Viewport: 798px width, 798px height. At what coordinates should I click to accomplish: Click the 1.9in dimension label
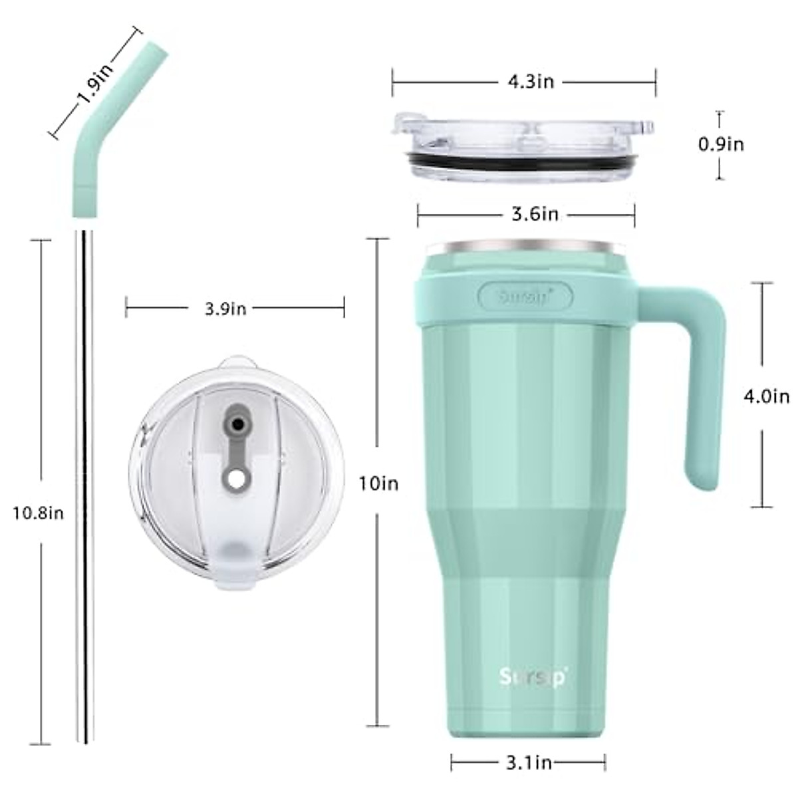[x=94, y=82]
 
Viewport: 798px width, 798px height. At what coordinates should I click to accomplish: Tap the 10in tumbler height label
[x=379, y=483]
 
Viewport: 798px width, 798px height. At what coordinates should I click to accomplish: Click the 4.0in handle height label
[x=765, y=397]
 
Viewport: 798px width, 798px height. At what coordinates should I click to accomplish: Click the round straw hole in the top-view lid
[x=235, y=477]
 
